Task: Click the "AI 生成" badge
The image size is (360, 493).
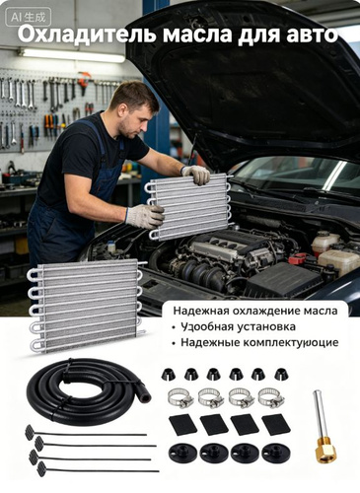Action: click(x=29, y=17)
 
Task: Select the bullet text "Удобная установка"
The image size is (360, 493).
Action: click(x=238, y=326)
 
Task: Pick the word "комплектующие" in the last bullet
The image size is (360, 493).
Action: click(x=291, y=343)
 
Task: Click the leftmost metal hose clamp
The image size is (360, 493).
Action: click(x=180, y=397)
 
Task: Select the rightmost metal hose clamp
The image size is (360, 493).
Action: click(x=271, y=397)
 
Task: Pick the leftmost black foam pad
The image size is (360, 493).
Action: click(x=182, y=425)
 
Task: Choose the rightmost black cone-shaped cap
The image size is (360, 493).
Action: click(x=280, y=374)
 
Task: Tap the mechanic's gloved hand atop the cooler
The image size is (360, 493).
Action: click(x=196, y=174)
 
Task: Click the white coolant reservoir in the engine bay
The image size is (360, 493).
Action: click(x=339, y=261)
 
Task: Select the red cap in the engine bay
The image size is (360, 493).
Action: click(x=298, y=259)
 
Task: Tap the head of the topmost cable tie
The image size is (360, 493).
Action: click(x=29, y=430)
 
